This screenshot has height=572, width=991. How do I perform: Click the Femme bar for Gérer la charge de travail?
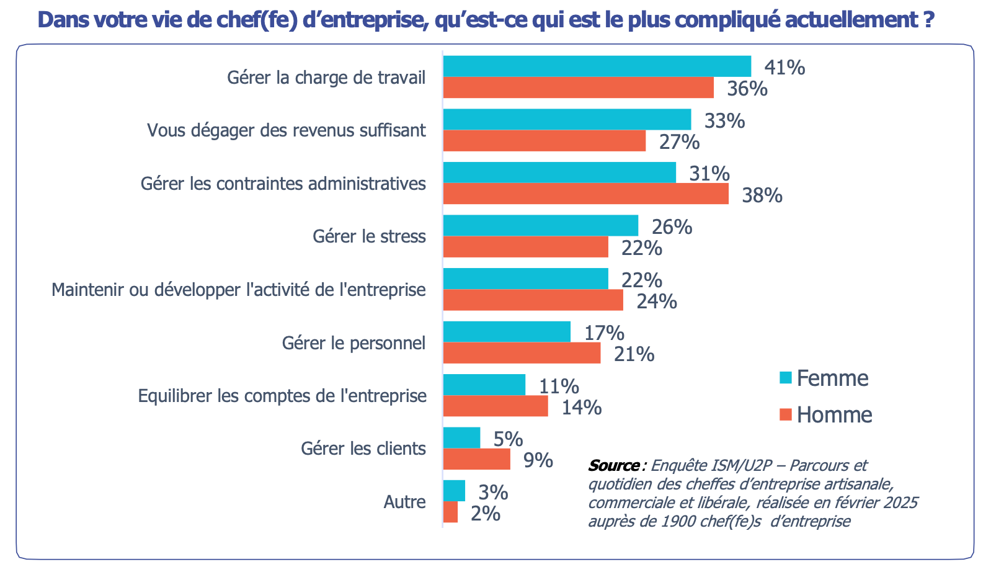[597, 66]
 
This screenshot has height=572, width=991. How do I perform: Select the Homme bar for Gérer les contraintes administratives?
[585, 194]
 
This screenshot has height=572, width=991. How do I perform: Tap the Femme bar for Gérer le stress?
[540, 226]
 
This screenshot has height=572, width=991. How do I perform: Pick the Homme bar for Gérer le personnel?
[522, 353]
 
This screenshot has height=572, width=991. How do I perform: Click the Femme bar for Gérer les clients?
[461, 438]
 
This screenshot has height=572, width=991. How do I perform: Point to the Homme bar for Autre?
[451, 512]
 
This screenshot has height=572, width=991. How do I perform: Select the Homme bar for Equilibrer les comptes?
[495, 406]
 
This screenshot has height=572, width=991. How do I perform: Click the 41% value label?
[784, 67]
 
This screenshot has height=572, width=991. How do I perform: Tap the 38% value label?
[762, 195]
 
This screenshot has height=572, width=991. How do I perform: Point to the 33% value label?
[724, 120]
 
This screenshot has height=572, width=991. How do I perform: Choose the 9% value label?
[538, 460]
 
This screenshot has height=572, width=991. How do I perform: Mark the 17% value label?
[604, 333]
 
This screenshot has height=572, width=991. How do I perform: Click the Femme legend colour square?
[786, 378]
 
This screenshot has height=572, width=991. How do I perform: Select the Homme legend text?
[834, 414]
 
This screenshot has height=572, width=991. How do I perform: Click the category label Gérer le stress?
[369, 236]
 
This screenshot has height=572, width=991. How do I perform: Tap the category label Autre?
[404, 502]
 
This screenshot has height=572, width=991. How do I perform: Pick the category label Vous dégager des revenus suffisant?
[287, 130]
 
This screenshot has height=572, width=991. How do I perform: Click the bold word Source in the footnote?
[614, 465]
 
